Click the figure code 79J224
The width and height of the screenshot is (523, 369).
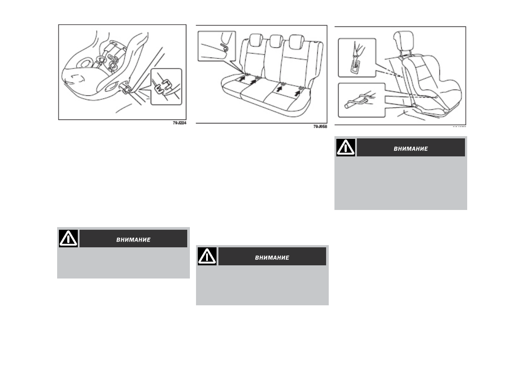click(x=179, y=123)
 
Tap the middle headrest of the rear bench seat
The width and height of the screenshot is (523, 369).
click(x=276, y=42)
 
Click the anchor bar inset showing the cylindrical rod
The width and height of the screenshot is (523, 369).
click(x=362, y=100)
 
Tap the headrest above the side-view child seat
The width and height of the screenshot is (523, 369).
click(x=404, y=41)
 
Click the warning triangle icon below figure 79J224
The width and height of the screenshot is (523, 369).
click(x=68, y=239)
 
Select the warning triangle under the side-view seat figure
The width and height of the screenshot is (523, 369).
click(x=346, y=147)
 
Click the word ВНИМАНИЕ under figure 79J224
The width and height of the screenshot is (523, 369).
click(x=133, y=239)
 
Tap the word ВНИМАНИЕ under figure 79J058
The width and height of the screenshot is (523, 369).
click(x=272, y=257)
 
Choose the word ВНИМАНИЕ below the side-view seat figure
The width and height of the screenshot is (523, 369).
click(x=410, y=148)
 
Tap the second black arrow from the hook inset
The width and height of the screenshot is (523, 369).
click(x=254, y=81)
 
